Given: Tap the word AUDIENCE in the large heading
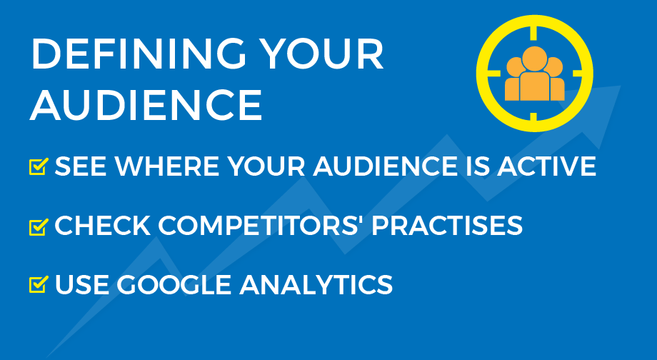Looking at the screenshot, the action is coord(146,105).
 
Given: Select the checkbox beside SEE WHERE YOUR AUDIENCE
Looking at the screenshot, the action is coord(39,166).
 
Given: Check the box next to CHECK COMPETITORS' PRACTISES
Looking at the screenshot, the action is coord(39,226).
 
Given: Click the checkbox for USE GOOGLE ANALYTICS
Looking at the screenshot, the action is coord(39,284).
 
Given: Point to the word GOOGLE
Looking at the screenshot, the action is coord(174,284).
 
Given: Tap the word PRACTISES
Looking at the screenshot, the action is coord(447,226).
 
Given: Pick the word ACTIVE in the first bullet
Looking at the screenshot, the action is coord(546,166).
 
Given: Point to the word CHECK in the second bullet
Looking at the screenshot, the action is coord(103,226).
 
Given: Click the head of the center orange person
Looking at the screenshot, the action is coord(534,59).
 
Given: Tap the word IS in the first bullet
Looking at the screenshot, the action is coord(477,166).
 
